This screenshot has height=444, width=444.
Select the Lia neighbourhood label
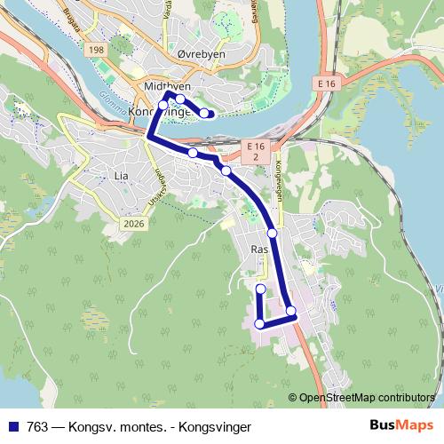pyautogui.click(x=122, y=176)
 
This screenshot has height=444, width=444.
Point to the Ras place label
pyautogui.click(x=259, y=250)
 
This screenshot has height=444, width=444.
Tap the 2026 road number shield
pyautogui.click(x=134, y=224)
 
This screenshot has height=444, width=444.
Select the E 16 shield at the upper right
pyautogui.click(x=327, y=82)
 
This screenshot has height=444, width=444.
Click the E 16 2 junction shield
pyautogui.click(x=256, y=150)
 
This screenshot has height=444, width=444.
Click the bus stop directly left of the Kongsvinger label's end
pyautogui.click(x=163, y=105)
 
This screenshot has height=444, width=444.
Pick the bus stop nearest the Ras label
pyautogui.click(x=272, y=233)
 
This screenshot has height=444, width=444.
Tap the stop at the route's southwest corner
pyautogui.click(x=259, y=324)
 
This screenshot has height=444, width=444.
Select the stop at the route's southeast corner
pyautogui.click(x=290, y=310)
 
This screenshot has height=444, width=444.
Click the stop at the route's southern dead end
pyautogui.click(x=260, y=289)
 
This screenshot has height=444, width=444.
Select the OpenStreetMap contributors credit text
pyautogui.click(x=366, y=398)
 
